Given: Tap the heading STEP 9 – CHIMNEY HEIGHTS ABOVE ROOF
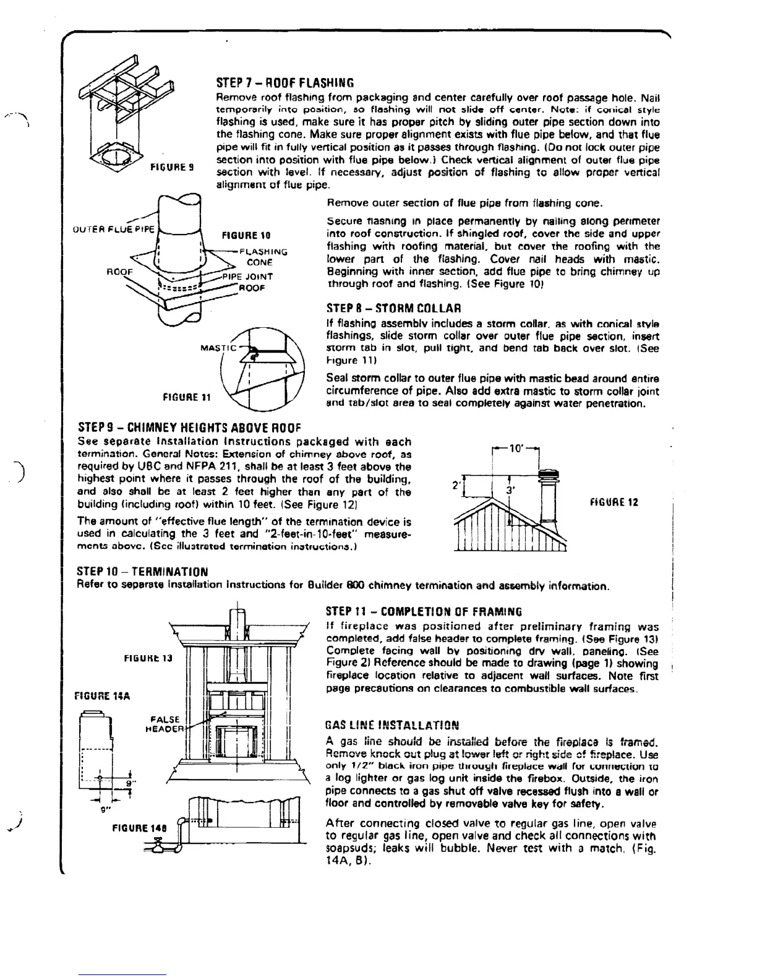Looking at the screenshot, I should pyautogui.click(x=189, y=428).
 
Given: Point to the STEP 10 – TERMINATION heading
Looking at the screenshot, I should pyautogui.click(x=142, y=572).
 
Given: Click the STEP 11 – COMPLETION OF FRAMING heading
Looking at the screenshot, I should pyautogui.click(x=424, y=612).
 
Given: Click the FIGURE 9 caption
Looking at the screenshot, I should pyautogui.click(x=173, y=167).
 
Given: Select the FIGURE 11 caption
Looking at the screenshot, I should pyautogui.click(x=186, y=397).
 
